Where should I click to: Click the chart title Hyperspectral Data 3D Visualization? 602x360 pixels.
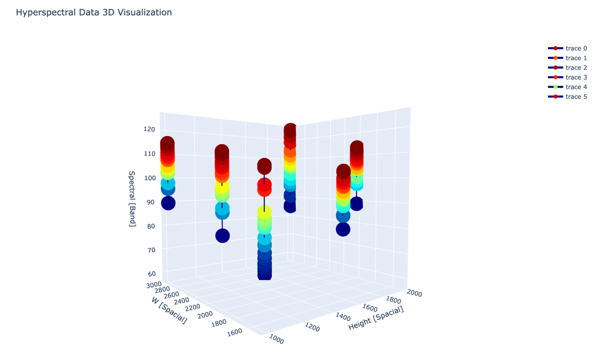click(94, 12)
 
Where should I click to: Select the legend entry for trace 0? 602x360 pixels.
click(568, 48)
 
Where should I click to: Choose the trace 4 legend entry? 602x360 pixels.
click(568, 87)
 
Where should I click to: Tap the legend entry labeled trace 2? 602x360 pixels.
click(568, 68)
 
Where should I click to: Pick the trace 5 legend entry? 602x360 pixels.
click(568, 97)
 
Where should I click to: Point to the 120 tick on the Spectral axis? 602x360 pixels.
click(149, 129)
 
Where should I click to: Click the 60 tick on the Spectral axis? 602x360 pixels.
click(152, 274)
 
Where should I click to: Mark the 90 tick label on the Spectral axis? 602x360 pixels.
click(151, 202)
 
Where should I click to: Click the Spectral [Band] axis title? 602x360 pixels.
click(132, 199)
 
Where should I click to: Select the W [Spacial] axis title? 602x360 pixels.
click(169, 311)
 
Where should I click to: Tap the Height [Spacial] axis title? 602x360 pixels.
click(376, 318)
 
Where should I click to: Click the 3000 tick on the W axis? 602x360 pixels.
click(154, 285)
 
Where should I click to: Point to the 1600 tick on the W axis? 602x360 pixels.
click(235, 333)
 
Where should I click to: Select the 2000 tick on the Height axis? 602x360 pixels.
click(414, 293)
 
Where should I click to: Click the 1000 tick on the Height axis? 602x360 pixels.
click(276, 339)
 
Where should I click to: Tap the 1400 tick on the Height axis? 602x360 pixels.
click(343, 317)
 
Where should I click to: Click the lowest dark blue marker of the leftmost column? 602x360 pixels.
click(168, 203)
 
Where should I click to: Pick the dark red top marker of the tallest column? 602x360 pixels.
click(290, 130)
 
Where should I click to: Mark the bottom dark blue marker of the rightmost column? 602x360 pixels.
click(357, 204)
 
